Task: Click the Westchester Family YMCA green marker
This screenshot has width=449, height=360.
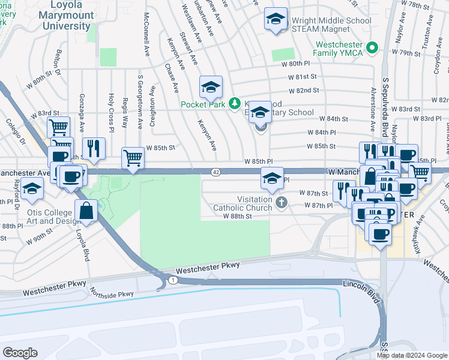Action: click(372, 47)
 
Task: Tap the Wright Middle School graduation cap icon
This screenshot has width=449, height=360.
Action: click(276, 19)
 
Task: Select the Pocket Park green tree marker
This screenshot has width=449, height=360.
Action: click(235, 104)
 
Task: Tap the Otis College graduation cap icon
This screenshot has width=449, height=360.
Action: click(31, 190)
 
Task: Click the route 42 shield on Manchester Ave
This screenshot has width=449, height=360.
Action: click(215, 172)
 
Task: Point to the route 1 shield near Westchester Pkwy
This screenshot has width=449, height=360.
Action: click(173, 280)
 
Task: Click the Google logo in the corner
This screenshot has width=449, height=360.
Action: click(20, 353)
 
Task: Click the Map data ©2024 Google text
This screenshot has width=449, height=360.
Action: click(411, 355)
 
